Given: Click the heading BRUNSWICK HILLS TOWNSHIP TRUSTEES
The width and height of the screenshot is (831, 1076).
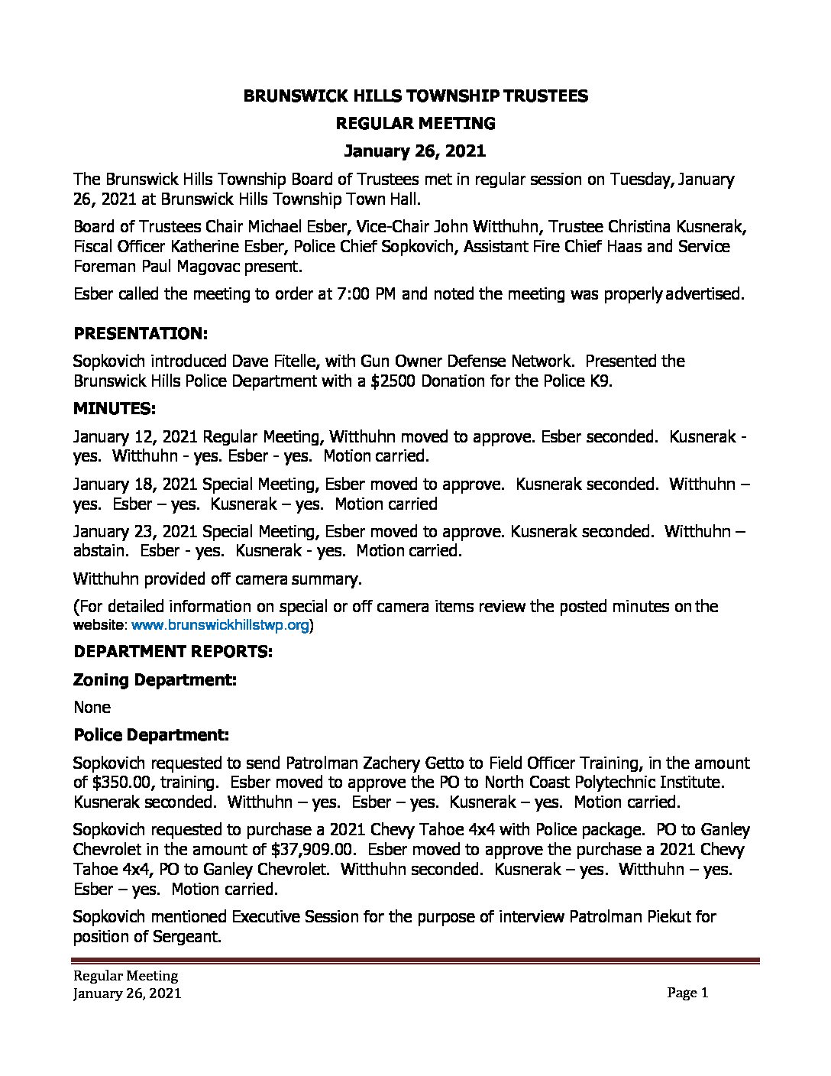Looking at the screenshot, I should pyautogui.click(x=415, y=96).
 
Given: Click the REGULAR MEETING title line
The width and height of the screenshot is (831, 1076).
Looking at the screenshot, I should pyautogui.click(x=415, y=123).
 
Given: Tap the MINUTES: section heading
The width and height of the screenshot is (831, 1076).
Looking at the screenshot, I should pyautogui.click(x=115, y=408).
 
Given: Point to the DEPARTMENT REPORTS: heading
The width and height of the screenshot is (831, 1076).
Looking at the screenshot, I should pyautogui.click(x=173, y=651).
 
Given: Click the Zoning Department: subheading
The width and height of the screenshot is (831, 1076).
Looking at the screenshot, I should pyautogui.click(x=155, y=679).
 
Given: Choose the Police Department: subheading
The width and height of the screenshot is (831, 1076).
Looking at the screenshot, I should pyautogui.click(x=151, y=735).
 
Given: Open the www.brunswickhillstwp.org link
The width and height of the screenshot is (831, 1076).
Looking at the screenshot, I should pyautogui.click(x=221, y=625).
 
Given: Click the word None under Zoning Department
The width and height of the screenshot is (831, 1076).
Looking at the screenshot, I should pyautogui.click(x=92, y=707).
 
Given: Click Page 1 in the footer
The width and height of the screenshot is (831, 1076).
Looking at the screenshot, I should pyautogui.click(x=687, y=993).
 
